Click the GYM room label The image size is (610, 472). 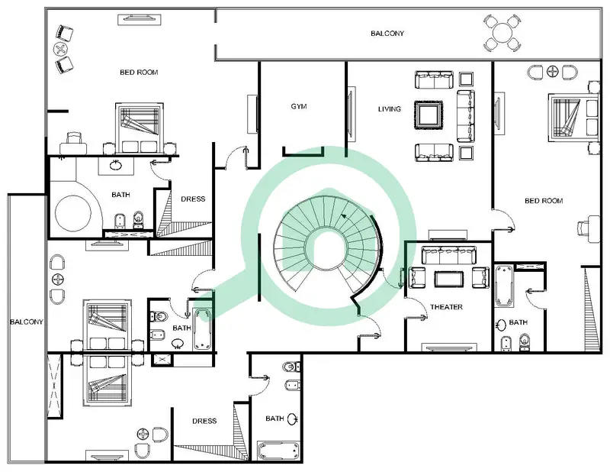[299, 106]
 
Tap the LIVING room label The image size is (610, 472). [390, 109]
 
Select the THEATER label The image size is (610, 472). [446, 307]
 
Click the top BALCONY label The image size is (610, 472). [387, 34]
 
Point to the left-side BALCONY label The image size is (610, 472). [27, 322]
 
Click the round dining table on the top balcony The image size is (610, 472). [502, 33]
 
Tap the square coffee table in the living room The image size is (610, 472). [429, 115]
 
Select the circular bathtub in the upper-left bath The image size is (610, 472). [73, 213]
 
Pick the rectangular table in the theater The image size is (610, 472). [449, 279]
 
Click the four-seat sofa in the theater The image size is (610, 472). [449, 255]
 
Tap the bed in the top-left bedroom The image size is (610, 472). [140, 128]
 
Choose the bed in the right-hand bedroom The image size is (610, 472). [573, 118]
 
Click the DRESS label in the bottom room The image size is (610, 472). [204, 421]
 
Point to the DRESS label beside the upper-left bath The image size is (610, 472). [193, 199]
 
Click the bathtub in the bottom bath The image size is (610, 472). [278, 451]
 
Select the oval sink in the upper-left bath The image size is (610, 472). [116, 166]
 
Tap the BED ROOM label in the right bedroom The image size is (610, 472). [544, 201]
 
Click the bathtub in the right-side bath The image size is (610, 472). [504, 286]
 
